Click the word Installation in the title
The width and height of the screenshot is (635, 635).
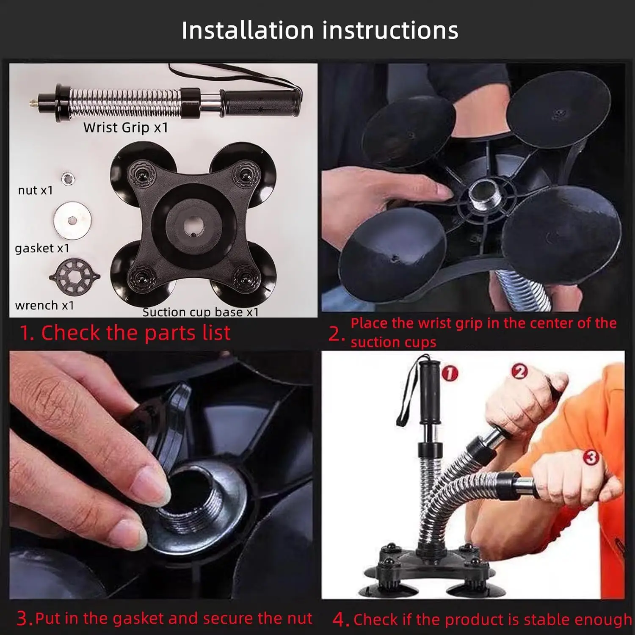[248, 30]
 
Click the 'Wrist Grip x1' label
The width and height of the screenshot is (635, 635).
[126, 127]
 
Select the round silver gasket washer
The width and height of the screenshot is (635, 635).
[72, 220]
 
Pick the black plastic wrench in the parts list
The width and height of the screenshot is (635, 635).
[75, 277]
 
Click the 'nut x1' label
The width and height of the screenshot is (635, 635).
[36, 191]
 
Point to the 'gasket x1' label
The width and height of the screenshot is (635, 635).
[42, 248]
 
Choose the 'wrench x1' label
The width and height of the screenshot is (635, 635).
[44, 306]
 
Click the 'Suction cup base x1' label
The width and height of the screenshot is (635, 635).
[200, 312]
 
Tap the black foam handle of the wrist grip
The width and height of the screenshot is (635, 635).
[260, 103]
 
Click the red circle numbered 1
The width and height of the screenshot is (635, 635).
[450, 373]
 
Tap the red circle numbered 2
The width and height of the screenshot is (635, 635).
[520, 371]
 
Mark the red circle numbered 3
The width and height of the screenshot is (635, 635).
[591, 457]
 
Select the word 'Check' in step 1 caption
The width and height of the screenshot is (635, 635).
[71, 333]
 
